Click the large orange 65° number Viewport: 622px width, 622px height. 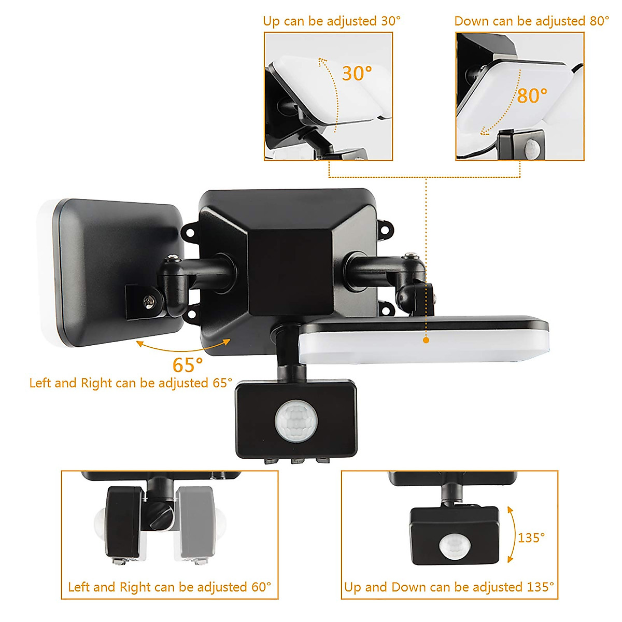188,365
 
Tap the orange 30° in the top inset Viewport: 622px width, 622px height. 357,74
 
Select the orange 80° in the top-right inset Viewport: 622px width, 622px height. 532,96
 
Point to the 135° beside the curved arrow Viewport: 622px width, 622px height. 531,538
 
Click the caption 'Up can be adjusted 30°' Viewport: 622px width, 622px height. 332,21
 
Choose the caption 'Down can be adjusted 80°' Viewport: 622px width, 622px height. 532,21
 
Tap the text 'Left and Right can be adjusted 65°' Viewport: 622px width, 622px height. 131,383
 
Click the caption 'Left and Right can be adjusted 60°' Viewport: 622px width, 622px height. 169,587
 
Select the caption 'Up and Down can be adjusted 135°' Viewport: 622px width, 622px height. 449,587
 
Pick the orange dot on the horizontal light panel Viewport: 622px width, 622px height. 426,340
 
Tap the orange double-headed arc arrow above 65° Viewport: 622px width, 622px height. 183,347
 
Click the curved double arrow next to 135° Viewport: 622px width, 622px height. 511,534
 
